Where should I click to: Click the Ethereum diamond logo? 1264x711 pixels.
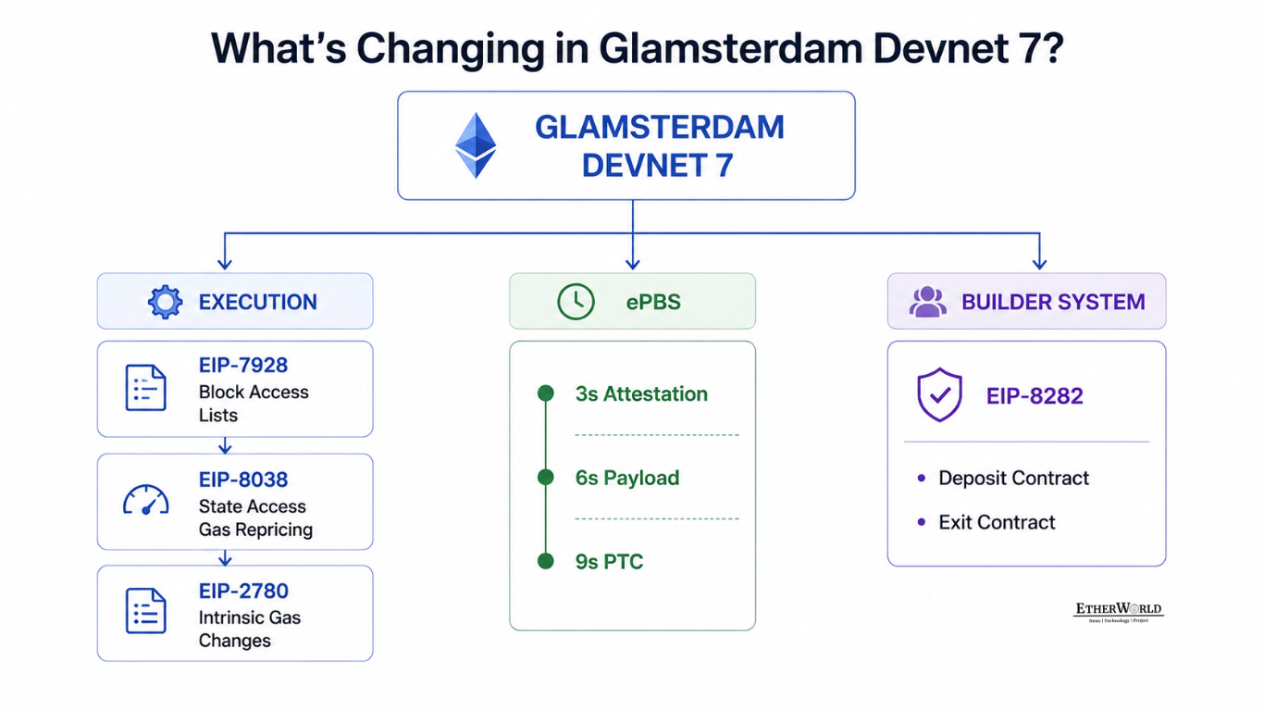pos(476,145)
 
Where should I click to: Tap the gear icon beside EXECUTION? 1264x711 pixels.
pos(165,302)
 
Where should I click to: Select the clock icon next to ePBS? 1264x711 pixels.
pos(576,302)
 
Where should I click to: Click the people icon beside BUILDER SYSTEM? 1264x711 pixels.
pos(928,302)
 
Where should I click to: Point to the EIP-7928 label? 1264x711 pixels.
pos(243,366)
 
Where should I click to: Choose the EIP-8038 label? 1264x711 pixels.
pos(243,480)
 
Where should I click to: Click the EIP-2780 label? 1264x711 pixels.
pos(243,591)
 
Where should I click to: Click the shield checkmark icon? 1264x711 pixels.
pos(939,394)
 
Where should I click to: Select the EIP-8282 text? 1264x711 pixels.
pos(1035,396)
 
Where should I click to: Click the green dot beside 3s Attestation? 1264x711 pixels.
pos(546,393)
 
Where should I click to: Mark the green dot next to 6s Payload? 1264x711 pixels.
pos(546,477)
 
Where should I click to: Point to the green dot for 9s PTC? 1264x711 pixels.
pos(546,561)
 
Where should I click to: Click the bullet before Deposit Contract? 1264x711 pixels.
pos(922,479)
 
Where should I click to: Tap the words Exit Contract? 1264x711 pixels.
pos(997,522)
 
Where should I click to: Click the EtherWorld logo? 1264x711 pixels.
pos(1118,612)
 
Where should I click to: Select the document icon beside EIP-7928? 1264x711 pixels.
pos(145,387)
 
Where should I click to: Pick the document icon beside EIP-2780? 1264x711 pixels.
pos(145,611)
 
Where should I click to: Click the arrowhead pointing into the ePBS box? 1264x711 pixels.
pos(633,264)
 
